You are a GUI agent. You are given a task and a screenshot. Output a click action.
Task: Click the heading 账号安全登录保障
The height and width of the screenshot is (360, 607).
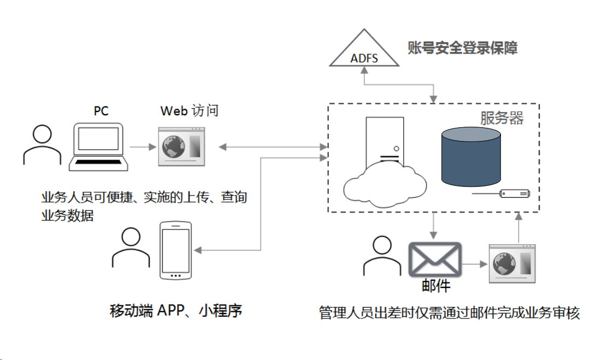[462, 48]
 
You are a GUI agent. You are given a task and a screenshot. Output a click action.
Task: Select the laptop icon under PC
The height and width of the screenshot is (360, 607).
[98, 146]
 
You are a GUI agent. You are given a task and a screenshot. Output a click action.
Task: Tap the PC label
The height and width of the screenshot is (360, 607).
[101, 111]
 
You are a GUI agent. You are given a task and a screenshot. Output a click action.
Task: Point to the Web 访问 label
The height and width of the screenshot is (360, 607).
[189, 111]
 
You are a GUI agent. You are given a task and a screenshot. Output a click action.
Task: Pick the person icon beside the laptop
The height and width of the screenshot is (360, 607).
[43, 145]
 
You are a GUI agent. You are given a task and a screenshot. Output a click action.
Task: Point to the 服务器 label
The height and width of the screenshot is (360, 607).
[502, 118]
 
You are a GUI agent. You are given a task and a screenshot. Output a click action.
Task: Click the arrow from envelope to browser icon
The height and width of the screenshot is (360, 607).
[474, 264]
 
